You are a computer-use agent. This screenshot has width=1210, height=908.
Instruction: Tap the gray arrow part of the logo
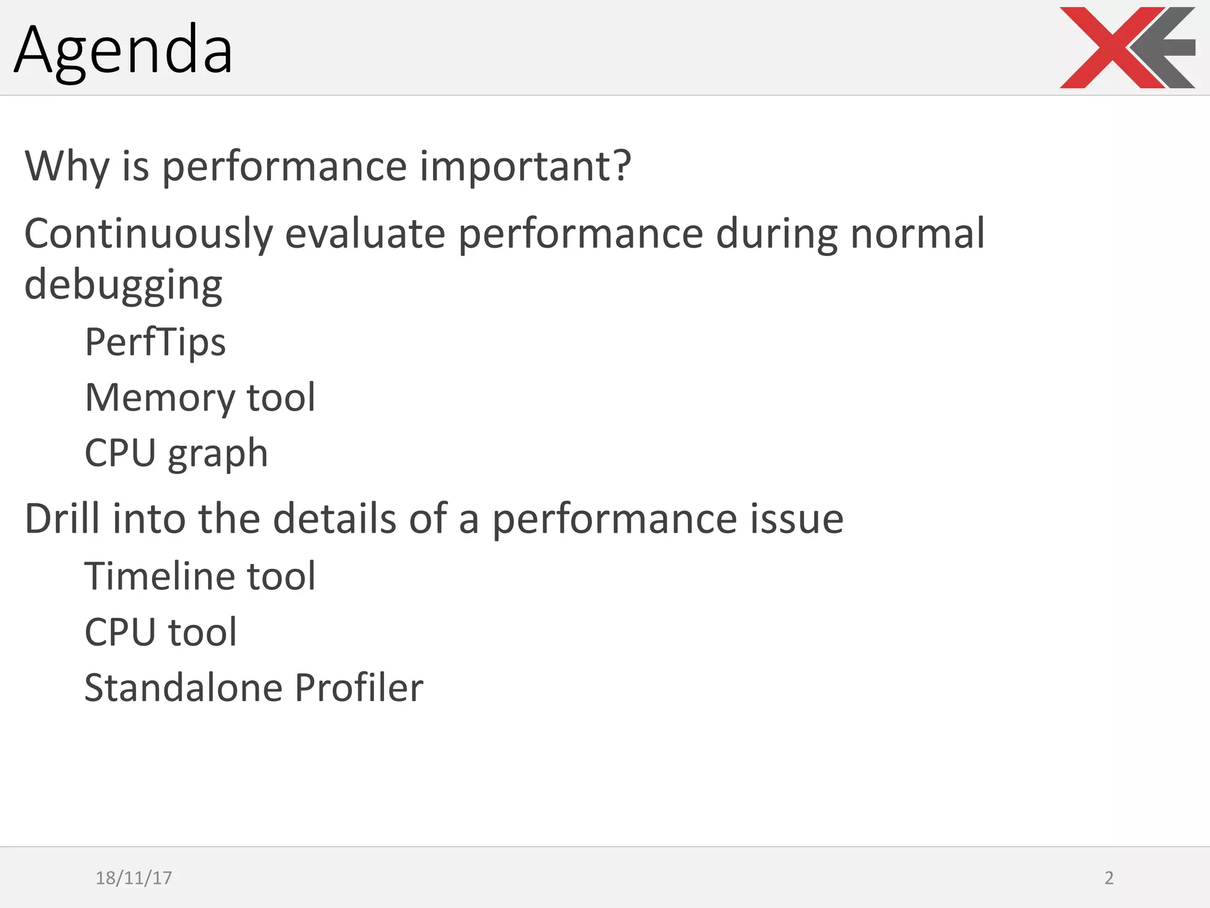point(1167,47)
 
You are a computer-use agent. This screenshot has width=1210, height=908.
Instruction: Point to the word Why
point(67,167)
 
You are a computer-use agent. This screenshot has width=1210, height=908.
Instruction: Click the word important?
point(525,167)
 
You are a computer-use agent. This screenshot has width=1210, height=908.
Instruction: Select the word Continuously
point(148,235)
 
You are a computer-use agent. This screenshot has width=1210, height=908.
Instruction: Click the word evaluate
point(365,235)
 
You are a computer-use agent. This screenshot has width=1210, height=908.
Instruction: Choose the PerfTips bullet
point(155,343)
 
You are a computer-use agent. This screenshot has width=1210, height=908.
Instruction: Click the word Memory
point(160,398)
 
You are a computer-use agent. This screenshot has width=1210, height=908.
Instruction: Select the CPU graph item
point(176,454)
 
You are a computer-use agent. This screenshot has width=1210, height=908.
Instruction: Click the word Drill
point(61,519)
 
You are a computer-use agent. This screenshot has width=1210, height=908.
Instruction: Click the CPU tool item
point(161,633)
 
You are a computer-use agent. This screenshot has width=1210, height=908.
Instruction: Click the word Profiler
point(359,688)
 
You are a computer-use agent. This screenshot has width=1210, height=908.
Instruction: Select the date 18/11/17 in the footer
point(134,878)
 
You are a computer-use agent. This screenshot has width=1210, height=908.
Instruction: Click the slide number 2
point(1109,878)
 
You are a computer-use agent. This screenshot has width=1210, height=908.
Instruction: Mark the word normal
point(917,235)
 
